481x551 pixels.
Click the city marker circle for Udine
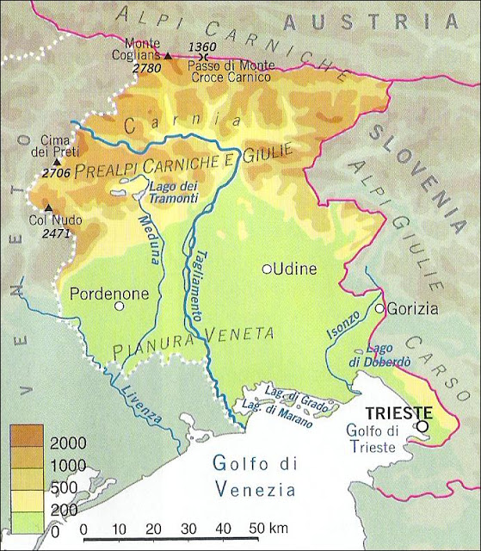tap(267, 269)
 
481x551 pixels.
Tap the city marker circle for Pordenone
tap(120, 306)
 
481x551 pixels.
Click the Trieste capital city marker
tap(422, 425)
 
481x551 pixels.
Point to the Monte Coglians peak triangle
tap(168, 56)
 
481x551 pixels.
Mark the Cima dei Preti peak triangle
tap(57, 161)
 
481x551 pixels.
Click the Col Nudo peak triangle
tap(48, 207)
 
